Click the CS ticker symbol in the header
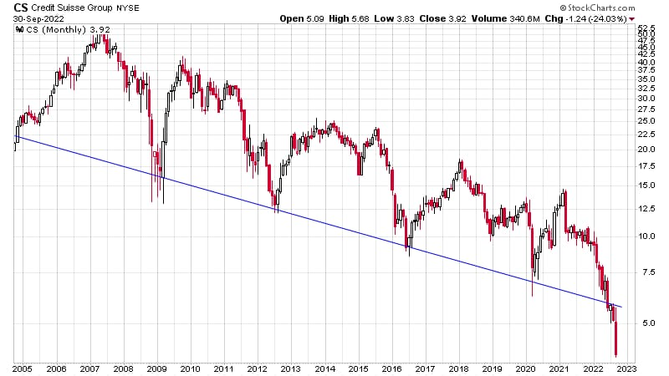point(19,8)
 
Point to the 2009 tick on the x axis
point(157,368)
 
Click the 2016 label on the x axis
point(391,368)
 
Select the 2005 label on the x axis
point(23,368)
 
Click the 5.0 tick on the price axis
point(644,323)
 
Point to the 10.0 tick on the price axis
point(644,236)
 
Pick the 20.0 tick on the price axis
point(644,150)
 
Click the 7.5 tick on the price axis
point(644,272)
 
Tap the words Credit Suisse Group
point(79,8)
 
